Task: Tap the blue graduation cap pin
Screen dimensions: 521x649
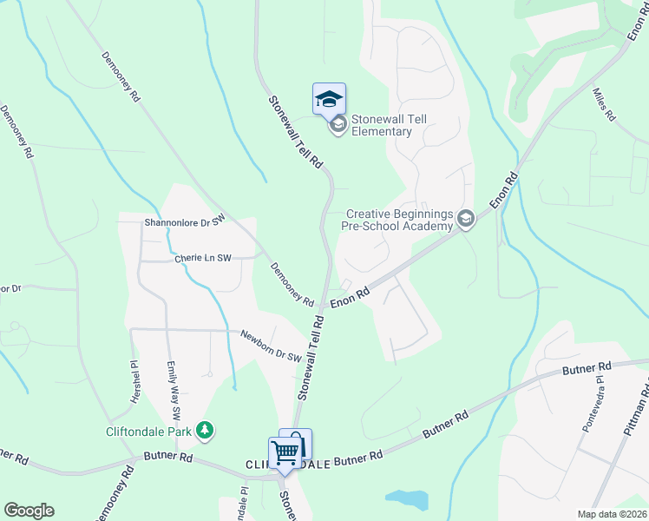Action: tap(329, 100)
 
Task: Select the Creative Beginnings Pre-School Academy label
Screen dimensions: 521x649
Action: tap(400, 220)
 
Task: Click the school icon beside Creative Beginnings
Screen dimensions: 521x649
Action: tap(466, 219)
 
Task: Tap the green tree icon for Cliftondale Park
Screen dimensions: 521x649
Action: tap(205, 430)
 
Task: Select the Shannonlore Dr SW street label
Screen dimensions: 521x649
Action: tap(185, 221)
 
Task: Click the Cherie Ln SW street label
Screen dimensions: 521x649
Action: tap(203, 258)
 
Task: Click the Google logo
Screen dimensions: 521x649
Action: tap(29, 511)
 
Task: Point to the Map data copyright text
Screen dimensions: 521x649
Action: tap(613, 514)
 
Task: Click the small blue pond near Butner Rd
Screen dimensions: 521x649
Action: tap(407, 499)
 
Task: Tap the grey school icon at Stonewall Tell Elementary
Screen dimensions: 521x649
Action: tap(338, 126)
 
